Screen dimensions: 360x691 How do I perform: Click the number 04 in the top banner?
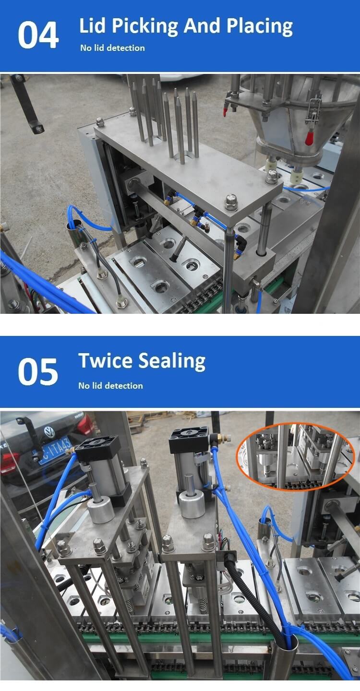(x=38, y=35)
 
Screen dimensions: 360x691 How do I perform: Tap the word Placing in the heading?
(x=259, y=26)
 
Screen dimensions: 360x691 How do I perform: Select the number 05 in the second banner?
(x=37, y=371)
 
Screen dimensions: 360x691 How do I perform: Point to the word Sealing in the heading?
(x=172, y=361)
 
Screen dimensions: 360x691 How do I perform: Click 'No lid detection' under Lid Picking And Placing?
(x=112, y=48)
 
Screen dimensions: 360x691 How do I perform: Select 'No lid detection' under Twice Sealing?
(x=110, y=386)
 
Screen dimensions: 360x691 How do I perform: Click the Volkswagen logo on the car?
(x=49, y=432)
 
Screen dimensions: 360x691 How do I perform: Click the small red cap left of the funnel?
(x=226, y=111)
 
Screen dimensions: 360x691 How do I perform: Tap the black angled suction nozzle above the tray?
(x=177, y=250)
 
